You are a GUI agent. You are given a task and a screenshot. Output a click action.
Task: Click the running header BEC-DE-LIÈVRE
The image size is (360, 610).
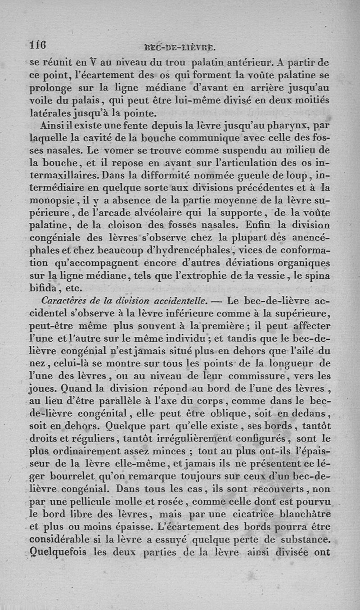tap(180, 47)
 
